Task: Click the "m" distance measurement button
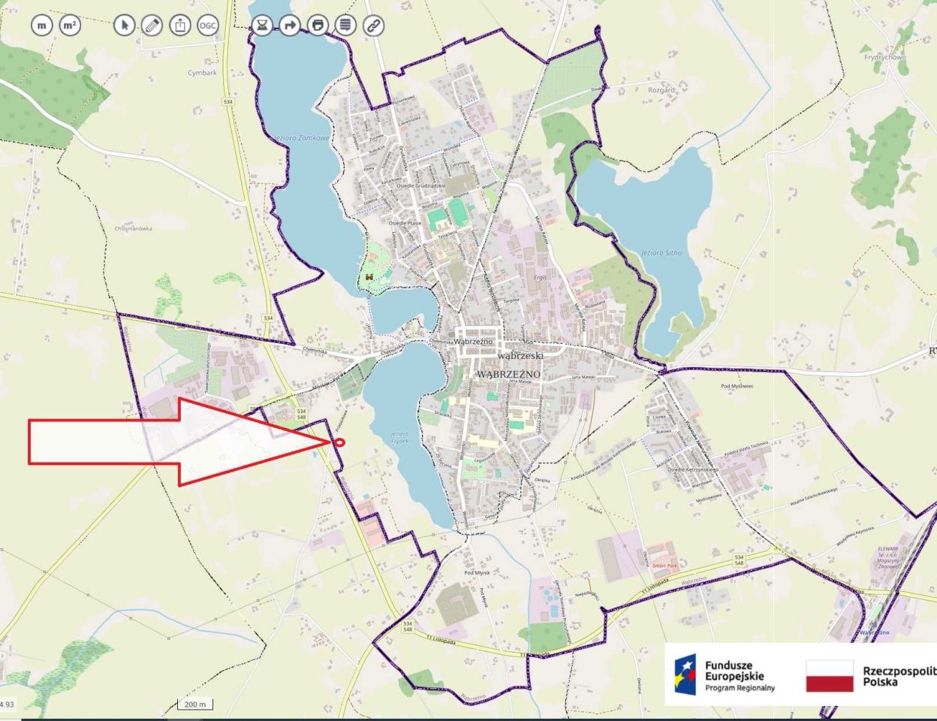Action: click(42, 26)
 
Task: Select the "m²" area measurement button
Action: click(70, 26)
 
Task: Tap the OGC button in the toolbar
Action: click(208, 26)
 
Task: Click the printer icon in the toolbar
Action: click(318, 26)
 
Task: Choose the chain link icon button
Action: click(373, 26)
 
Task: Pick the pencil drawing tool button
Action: click(152, 26)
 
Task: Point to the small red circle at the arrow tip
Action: click(339, 442)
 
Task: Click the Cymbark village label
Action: click(202, 73)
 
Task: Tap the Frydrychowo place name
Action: click(884, 57)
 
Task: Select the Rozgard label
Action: click(661, 90)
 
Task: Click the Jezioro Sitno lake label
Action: click(661, 253)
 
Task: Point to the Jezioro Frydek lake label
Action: click(399, 438)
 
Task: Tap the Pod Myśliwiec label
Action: click(737, 386)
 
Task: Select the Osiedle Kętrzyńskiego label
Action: click(692, 469)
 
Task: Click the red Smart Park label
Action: click(664, 566)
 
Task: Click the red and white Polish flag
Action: click(830, 676)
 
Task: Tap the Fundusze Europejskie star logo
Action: click(684, 674)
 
